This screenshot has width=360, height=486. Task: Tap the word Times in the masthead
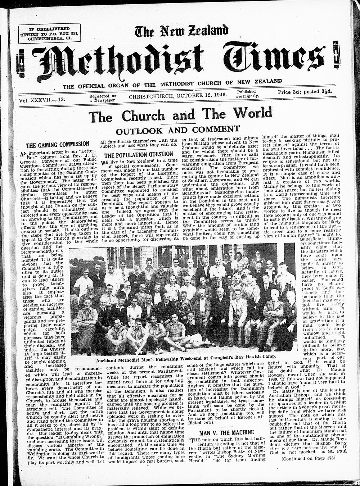point(263,59)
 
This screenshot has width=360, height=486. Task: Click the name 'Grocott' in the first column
point(26,165)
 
